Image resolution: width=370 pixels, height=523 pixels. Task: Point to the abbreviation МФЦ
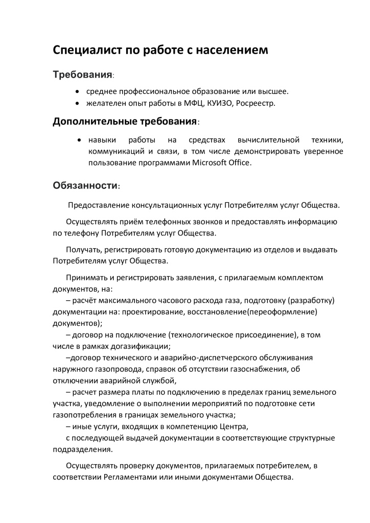tap(196, 104)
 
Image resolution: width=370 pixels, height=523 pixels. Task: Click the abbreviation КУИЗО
tap(222, 104)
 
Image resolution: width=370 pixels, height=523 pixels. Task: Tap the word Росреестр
tap(257, 104)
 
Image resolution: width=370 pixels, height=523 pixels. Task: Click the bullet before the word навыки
tap(80, 139)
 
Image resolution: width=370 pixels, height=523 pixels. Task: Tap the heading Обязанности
tap(86, 186)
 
